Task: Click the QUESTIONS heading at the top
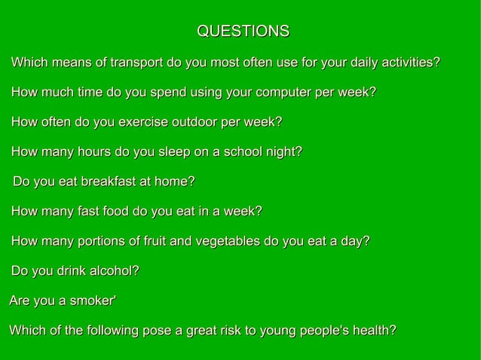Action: tap(242, 32)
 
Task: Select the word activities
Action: tap(408, 62)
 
